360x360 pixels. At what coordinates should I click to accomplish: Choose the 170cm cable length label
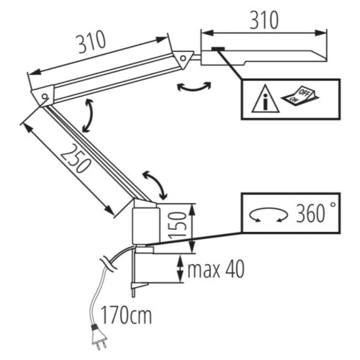tap(126, 315)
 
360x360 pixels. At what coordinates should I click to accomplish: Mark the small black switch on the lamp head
tap(217, 50)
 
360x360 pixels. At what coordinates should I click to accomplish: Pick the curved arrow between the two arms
tap(89, 115)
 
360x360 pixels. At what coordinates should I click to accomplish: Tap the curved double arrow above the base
tap(155, 185)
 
